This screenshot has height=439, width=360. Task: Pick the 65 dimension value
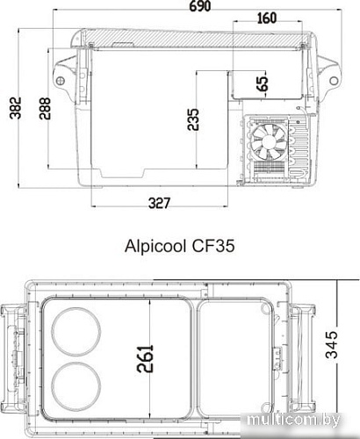(262, 85)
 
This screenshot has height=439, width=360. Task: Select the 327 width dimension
(158, 204)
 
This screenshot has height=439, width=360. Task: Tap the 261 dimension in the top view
(146, 356)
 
